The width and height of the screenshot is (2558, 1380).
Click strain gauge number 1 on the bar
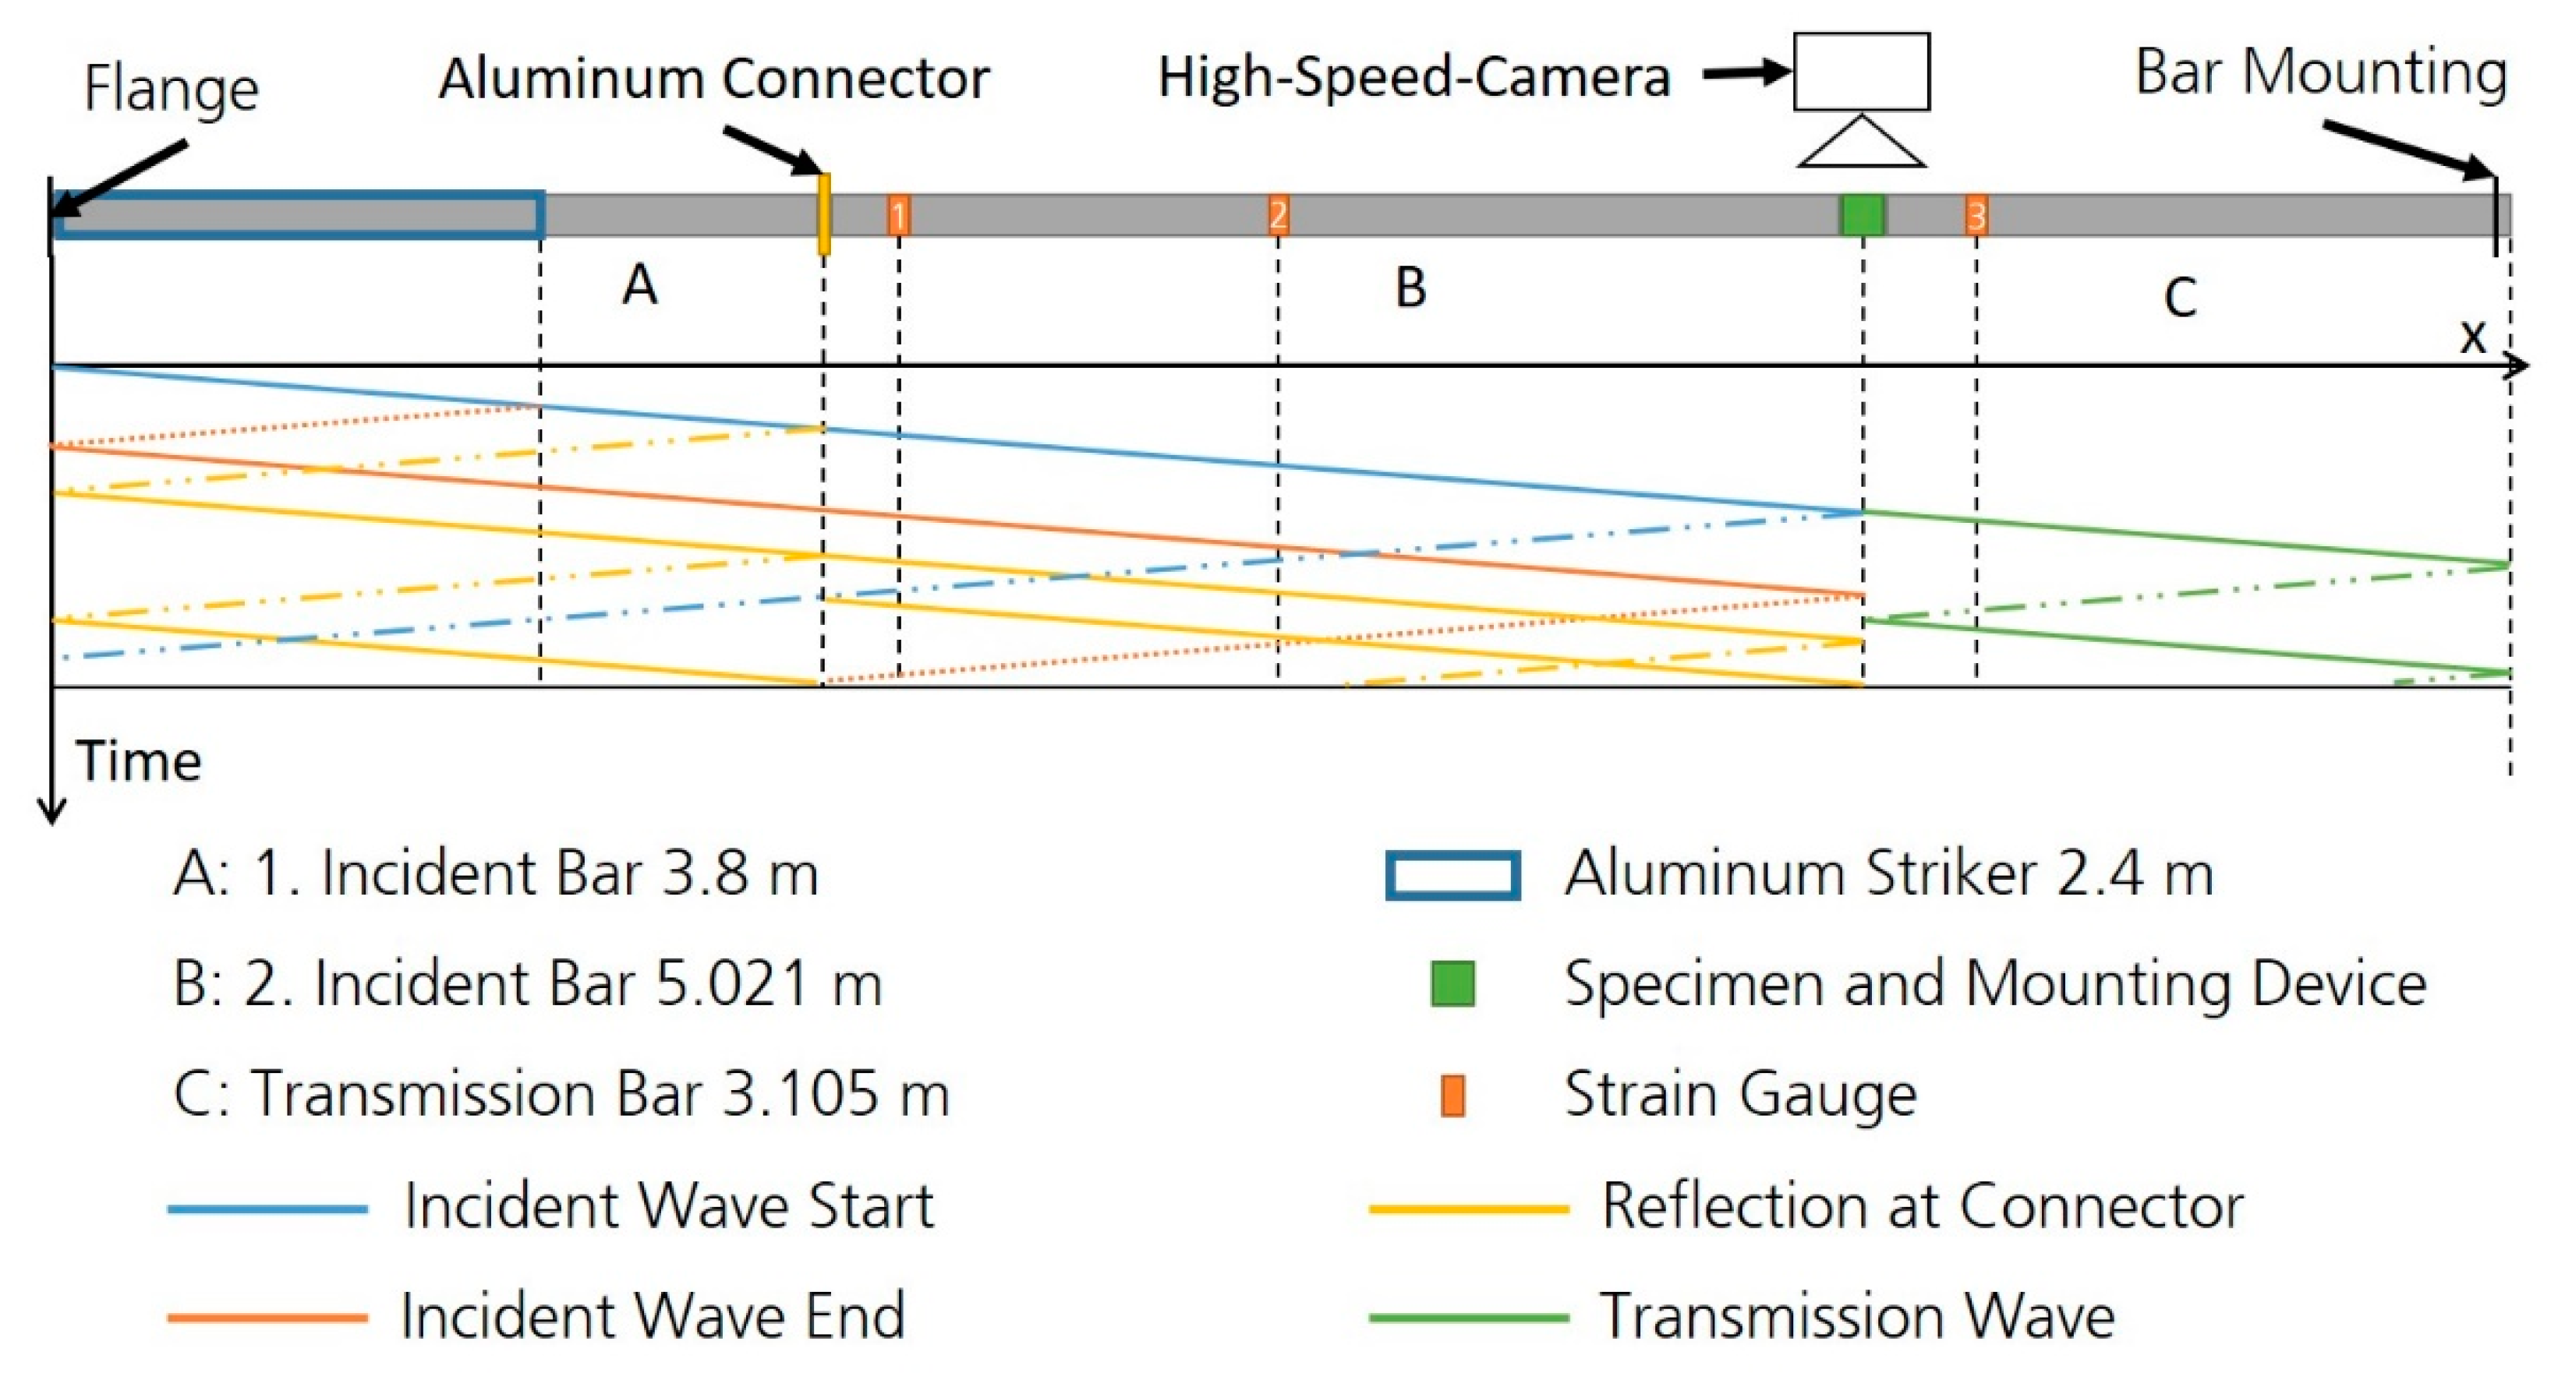[x=897, y=215]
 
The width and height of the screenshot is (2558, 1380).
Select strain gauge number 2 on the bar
[x=1278, y=214]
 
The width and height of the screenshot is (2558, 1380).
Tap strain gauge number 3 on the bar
[x=1976, y=215]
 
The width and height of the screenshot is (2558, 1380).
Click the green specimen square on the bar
[x=1862, y=215]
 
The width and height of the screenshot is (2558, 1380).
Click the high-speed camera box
[x=1861, y=72]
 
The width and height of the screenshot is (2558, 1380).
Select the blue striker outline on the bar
[x=298, y=214]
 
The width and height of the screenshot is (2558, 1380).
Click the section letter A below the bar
[x=639, y=286]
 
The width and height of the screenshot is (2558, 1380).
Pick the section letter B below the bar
[x=1410, y=288]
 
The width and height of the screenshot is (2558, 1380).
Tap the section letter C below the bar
[x=2180, y=297]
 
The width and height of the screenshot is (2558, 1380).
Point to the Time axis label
[x=139, y=761]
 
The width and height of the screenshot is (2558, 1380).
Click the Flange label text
[x=171, y=87]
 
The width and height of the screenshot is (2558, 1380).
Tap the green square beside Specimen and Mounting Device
[x=1452, y=984]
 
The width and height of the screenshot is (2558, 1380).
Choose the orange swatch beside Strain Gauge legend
[x=1452, y=1095]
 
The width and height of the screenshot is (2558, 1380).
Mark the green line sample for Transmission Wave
[x=1467, y=1318]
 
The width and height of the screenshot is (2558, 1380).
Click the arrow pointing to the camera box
[x=1746, y=72]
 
